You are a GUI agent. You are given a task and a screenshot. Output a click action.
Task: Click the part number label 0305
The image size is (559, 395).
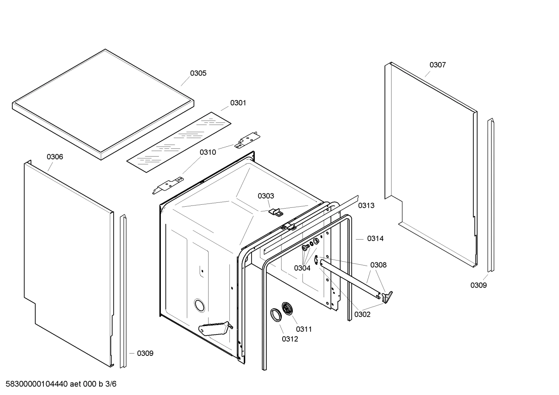[x=198, y=73]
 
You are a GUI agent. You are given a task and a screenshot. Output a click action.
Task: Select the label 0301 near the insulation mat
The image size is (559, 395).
[x=238, y=103]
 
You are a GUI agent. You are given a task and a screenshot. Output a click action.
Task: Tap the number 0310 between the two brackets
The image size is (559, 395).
[x=208, y=152]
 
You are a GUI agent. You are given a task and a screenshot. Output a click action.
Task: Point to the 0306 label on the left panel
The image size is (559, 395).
[x=55, y=157]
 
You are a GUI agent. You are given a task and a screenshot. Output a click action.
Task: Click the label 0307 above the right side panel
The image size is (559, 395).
[x=437, y=65]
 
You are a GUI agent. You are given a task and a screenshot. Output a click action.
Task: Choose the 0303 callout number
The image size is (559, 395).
[x=266, y=196]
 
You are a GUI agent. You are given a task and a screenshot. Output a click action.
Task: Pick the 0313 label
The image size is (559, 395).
[x=366, y=205]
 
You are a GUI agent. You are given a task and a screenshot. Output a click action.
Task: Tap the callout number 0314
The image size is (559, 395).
[x=375, y=238]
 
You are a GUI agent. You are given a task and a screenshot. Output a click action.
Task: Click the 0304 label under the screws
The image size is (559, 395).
[x=302, y=268]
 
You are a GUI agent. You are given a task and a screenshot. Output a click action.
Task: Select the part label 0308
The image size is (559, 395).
[x=378, y=265]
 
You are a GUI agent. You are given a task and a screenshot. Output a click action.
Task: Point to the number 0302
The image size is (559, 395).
[x=362, y=314]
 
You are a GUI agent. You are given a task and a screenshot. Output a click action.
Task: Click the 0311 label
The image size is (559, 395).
[x=304, y=329]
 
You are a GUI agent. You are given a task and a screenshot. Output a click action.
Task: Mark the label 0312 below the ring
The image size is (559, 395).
[x=290, y=339]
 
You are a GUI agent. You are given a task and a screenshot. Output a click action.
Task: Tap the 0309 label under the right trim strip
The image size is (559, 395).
[x=478, y=285]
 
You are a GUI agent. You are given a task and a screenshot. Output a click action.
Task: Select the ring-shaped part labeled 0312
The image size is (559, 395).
[x=276, y=315]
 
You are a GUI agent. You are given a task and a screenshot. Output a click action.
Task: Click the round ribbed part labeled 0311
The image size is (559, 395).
[x=287, y=309]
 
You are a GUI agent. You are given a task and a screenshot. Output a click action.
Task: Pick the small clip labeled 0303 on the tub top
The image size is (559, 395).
[x=276, y=211]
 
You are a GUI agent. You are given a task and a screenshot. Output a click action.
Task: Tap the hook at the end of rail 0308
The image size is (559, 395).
[x=387, y=297]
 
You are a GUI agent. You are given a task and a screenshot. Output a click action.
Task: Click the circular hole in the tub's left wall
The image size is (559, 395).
[x=199, y=305]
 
